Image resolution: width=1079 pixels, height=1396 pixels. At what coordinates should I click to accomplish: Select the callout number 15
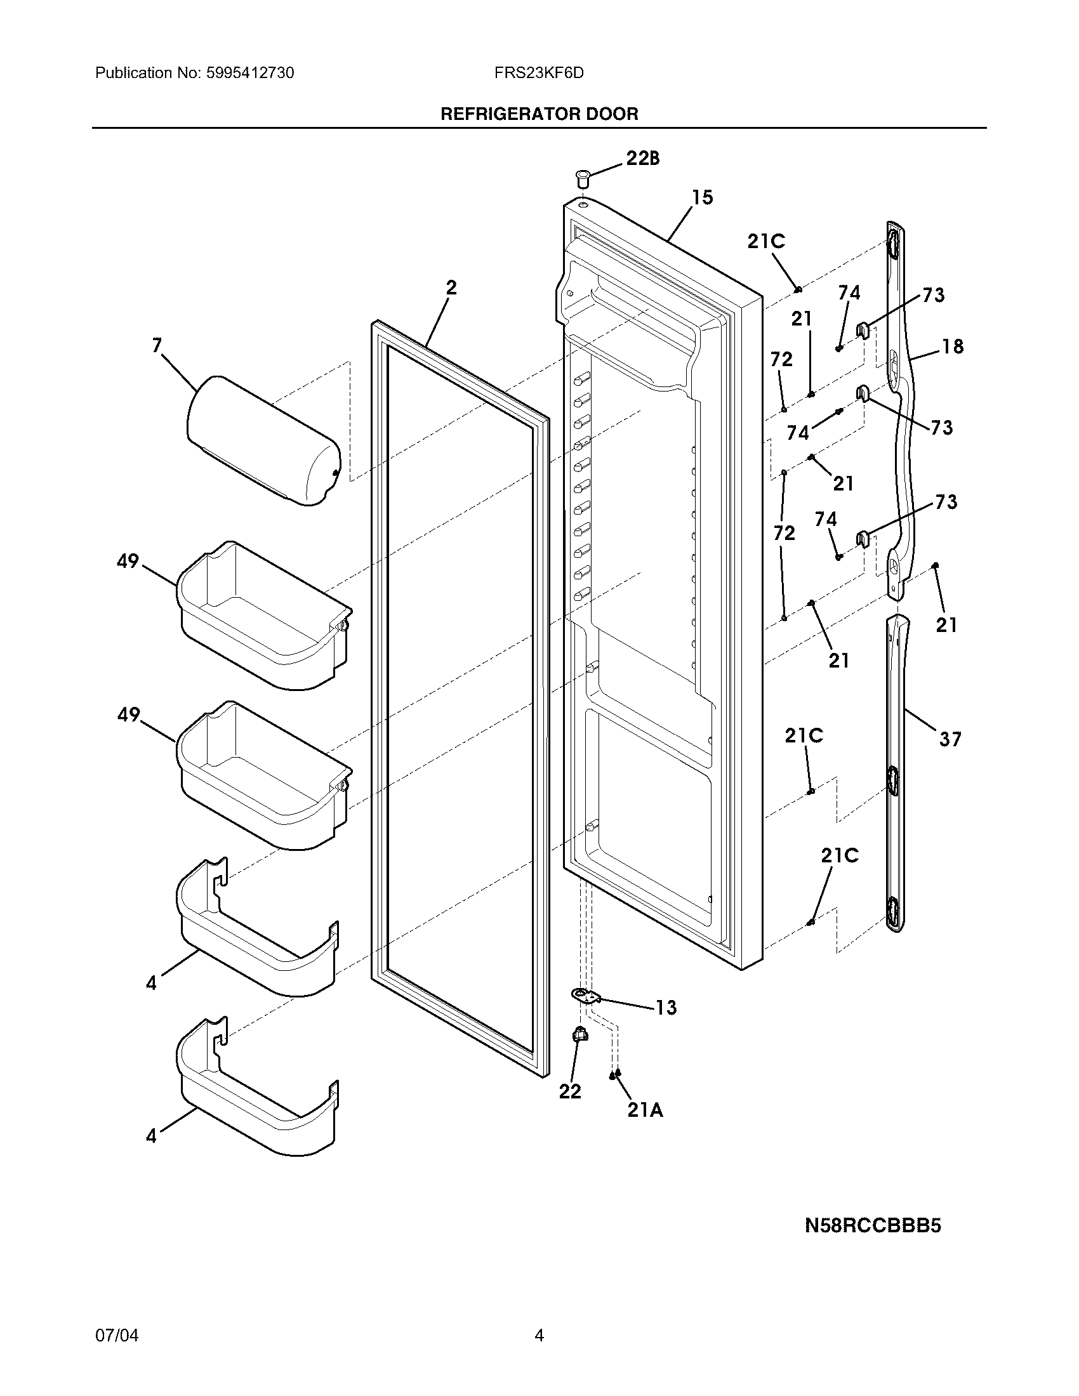(x=702, y=197)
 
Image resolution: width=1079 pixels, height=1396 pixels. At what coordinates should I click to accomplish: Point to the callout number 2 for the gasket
(x=451, y=287)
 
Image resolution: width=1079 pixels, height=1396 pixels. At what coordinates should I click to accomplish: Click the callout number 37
(x=950, y=739)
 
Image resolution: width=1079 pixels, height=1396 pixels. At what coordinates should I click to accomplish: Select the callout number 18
(x=953, y=346)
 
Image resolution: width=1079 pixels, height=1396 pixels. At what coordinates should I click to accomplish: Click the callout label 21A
(x=644, y=1111)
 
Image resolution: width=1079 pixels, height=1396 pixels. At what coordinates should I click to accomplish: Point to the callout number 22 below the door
(x=570, y=1092)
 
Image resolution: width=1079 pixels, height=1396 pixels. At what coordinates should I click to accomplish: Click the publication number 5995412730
(x=250, y=73)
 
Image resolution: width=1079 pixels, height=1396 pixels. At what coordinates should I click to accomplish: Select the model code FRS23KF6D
(x=538, y=73)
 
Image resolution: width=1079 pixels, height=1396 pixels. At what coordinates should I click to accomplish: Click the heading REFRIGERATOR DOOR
(x=539, y=114)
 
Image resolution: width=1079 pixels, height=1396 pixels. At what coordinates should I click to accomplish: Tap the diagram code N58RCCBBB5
(x=873, y=1226)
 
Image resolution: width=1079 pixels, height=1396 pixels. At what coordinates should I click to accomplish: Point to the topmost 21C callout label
(x=766, y=242)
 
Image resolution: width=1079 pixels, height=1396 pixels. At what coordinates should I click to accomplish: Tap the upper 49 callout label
(x=128, y=561)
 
